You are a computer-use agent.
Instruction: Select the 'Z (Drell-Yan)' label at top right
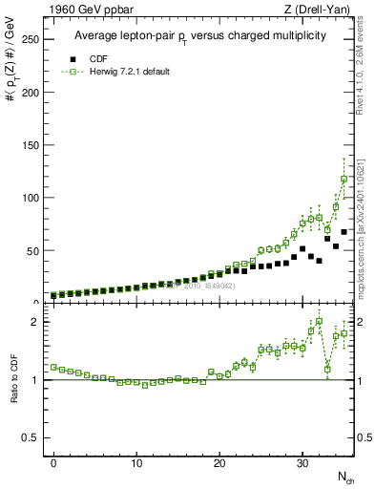(x=323, y=10)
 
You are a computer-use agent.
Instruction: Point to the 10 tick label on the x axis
(x=136, y=462)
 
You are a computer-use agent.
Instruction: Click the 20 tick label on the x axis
(x=219, y=462)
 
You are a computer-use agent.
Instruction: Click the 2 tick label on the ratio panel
(x=33, y=322)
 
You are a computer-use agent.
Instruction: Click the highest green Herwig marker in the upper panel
(x=344, y=179)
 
